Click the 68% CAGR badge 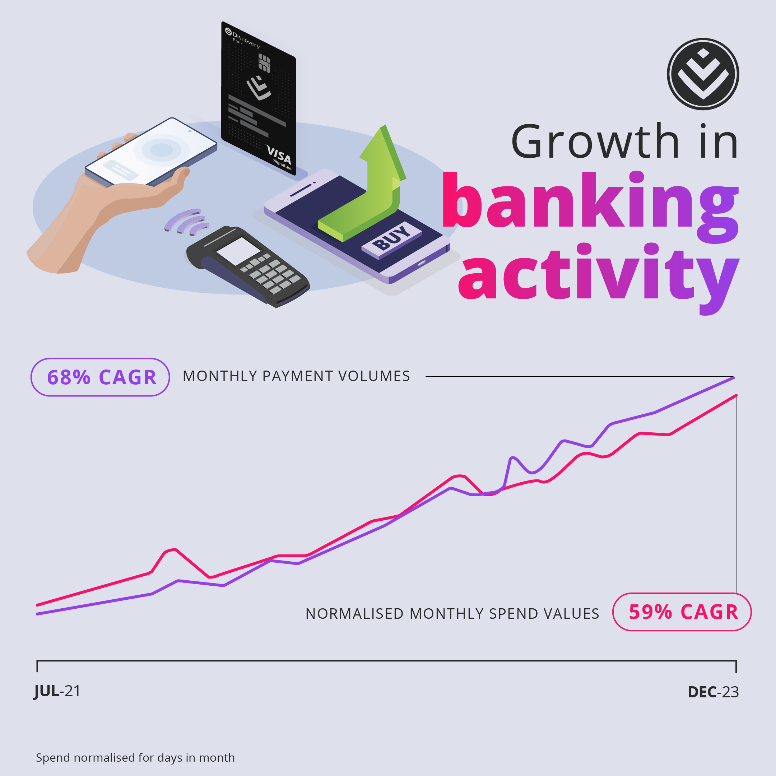[100, 377]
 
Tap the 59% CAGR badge [682, 612]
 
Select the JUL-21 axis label [57, 691]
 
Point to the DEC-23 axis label [713, 692]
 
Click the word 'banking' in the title [590, 207]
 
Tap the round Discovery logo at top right [703, 74]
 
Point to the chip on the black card [264, 63]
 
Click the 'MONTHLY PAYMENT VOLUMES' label [296, 376]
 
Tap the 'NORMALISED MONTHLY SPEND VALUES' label [452, 613]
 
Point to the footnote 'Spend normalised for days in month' [135, 758]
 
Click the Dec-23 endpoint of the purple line [733, 377]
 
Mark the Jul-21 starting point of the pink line [37, 604]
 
